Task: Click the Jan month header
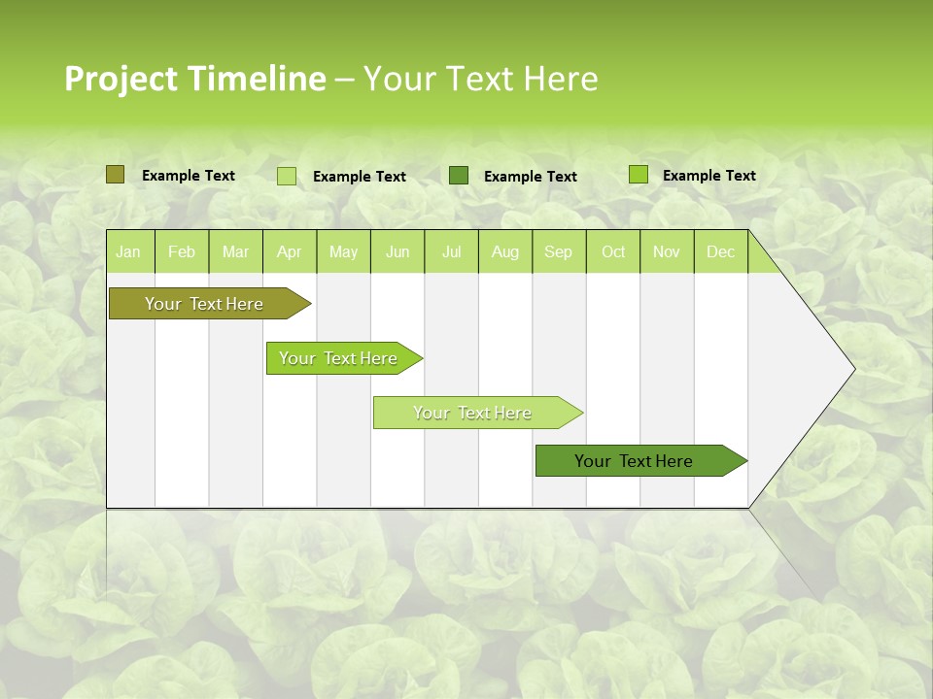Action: pos(128,251)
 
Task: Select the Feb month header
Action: pos(182,251)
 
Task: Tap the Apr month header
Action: pos(289,251)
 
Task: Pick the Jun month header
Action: pos(397,251)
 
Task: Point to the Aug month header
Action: pos(504,251)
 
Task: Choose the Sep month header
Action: pos(558,251)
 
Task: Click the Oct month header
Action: pos(613,251)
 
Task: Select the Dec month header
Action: pos(720,251)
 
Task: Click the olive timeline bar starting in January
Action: pos(205,304)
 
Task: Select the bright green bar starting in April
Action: pos(339,358)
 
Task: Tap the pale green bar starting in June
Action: pos(473,413)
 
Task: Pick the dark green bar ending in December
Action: pos(635,461)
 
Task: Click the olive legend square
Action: pos(115,175)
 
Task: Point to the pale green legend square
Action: pos(287,176)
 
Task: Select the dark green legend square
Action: pos(459,175)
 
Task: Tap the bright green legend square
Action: pos(638,175)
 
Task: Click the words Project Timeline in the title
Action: pos(194,79)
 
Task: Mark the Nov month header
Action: pos(666,251)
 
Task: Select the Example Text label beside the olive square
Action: pos(189,176)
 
